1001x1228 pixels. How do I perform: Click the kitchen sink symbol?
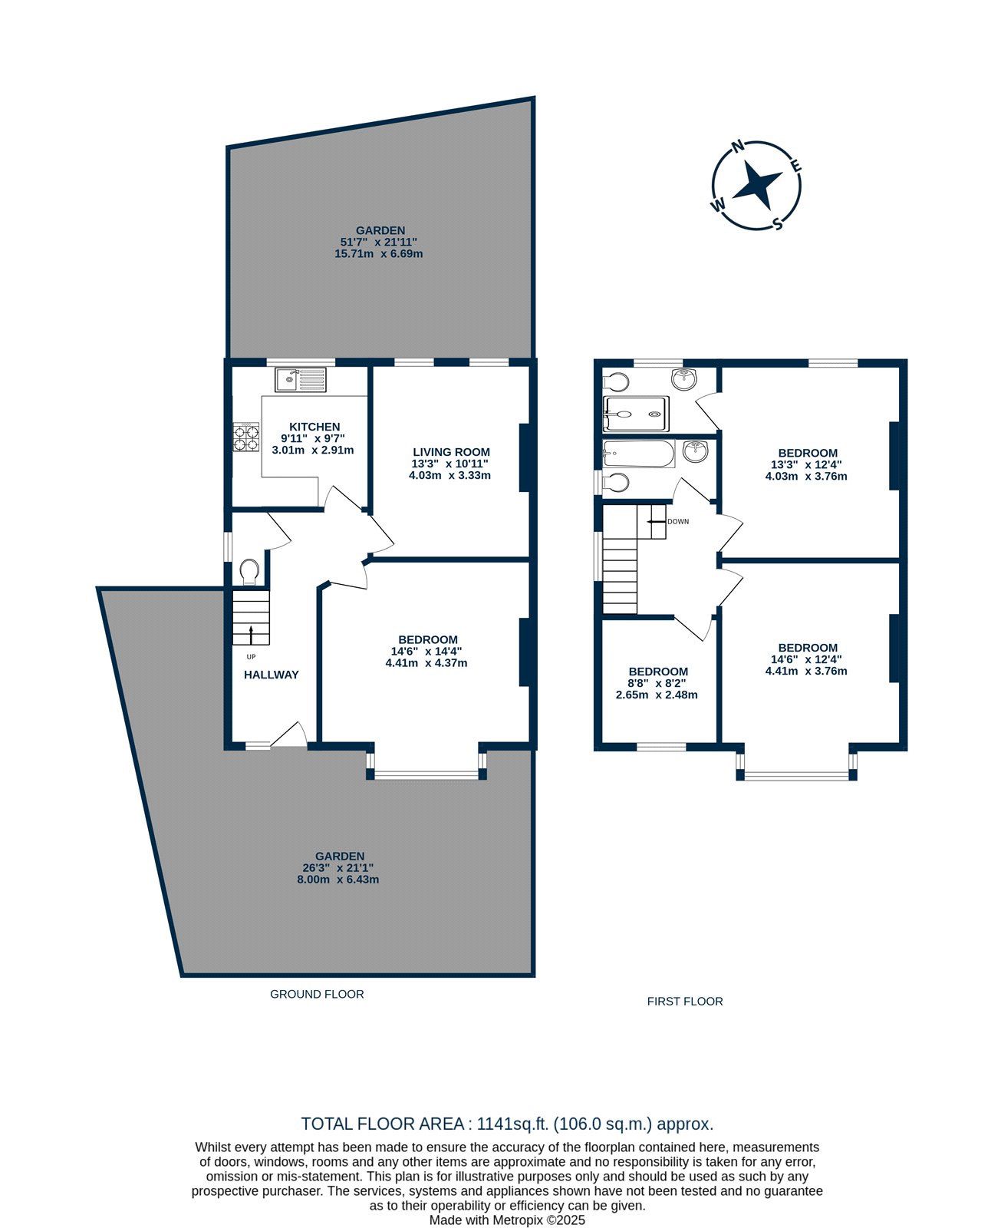[301, 380]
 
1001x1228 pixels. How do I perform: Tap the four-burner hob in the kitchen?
[245, 437]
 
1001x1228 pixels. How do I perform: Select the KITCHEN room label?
[314, 427]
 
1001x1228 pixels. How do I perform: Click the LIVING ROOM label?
[451, 452]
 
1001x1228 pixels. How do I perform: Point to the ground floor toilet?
[249, 571]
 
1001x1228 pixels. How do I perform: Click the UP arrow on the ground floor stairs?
[251, 635]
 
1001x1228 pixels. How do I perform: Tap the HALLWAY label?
[272, 675]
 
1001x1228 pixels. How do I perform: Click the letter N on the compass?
[739, 147]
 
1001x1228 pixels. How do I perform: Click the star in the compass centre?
[756, 186]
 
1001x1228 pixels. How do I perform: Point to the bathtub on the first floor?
[638, 454]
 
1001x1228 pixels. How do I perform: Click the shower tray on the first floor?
[636, 414]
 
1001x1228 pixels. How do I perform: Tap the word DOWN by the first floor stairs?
[678, 521]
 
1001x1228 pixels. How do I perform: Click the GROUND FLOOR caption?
[317, 994]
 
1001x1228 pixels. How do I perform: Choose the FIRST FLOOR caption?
[684, 1001]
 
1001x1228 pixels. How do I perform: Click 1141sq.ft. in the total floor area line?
[512, 1123]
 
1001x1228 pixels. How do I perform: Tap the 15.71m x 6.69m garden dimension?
[378, 254]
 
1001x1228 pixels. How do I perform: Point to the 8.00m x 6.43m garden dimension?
[338, 880]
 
